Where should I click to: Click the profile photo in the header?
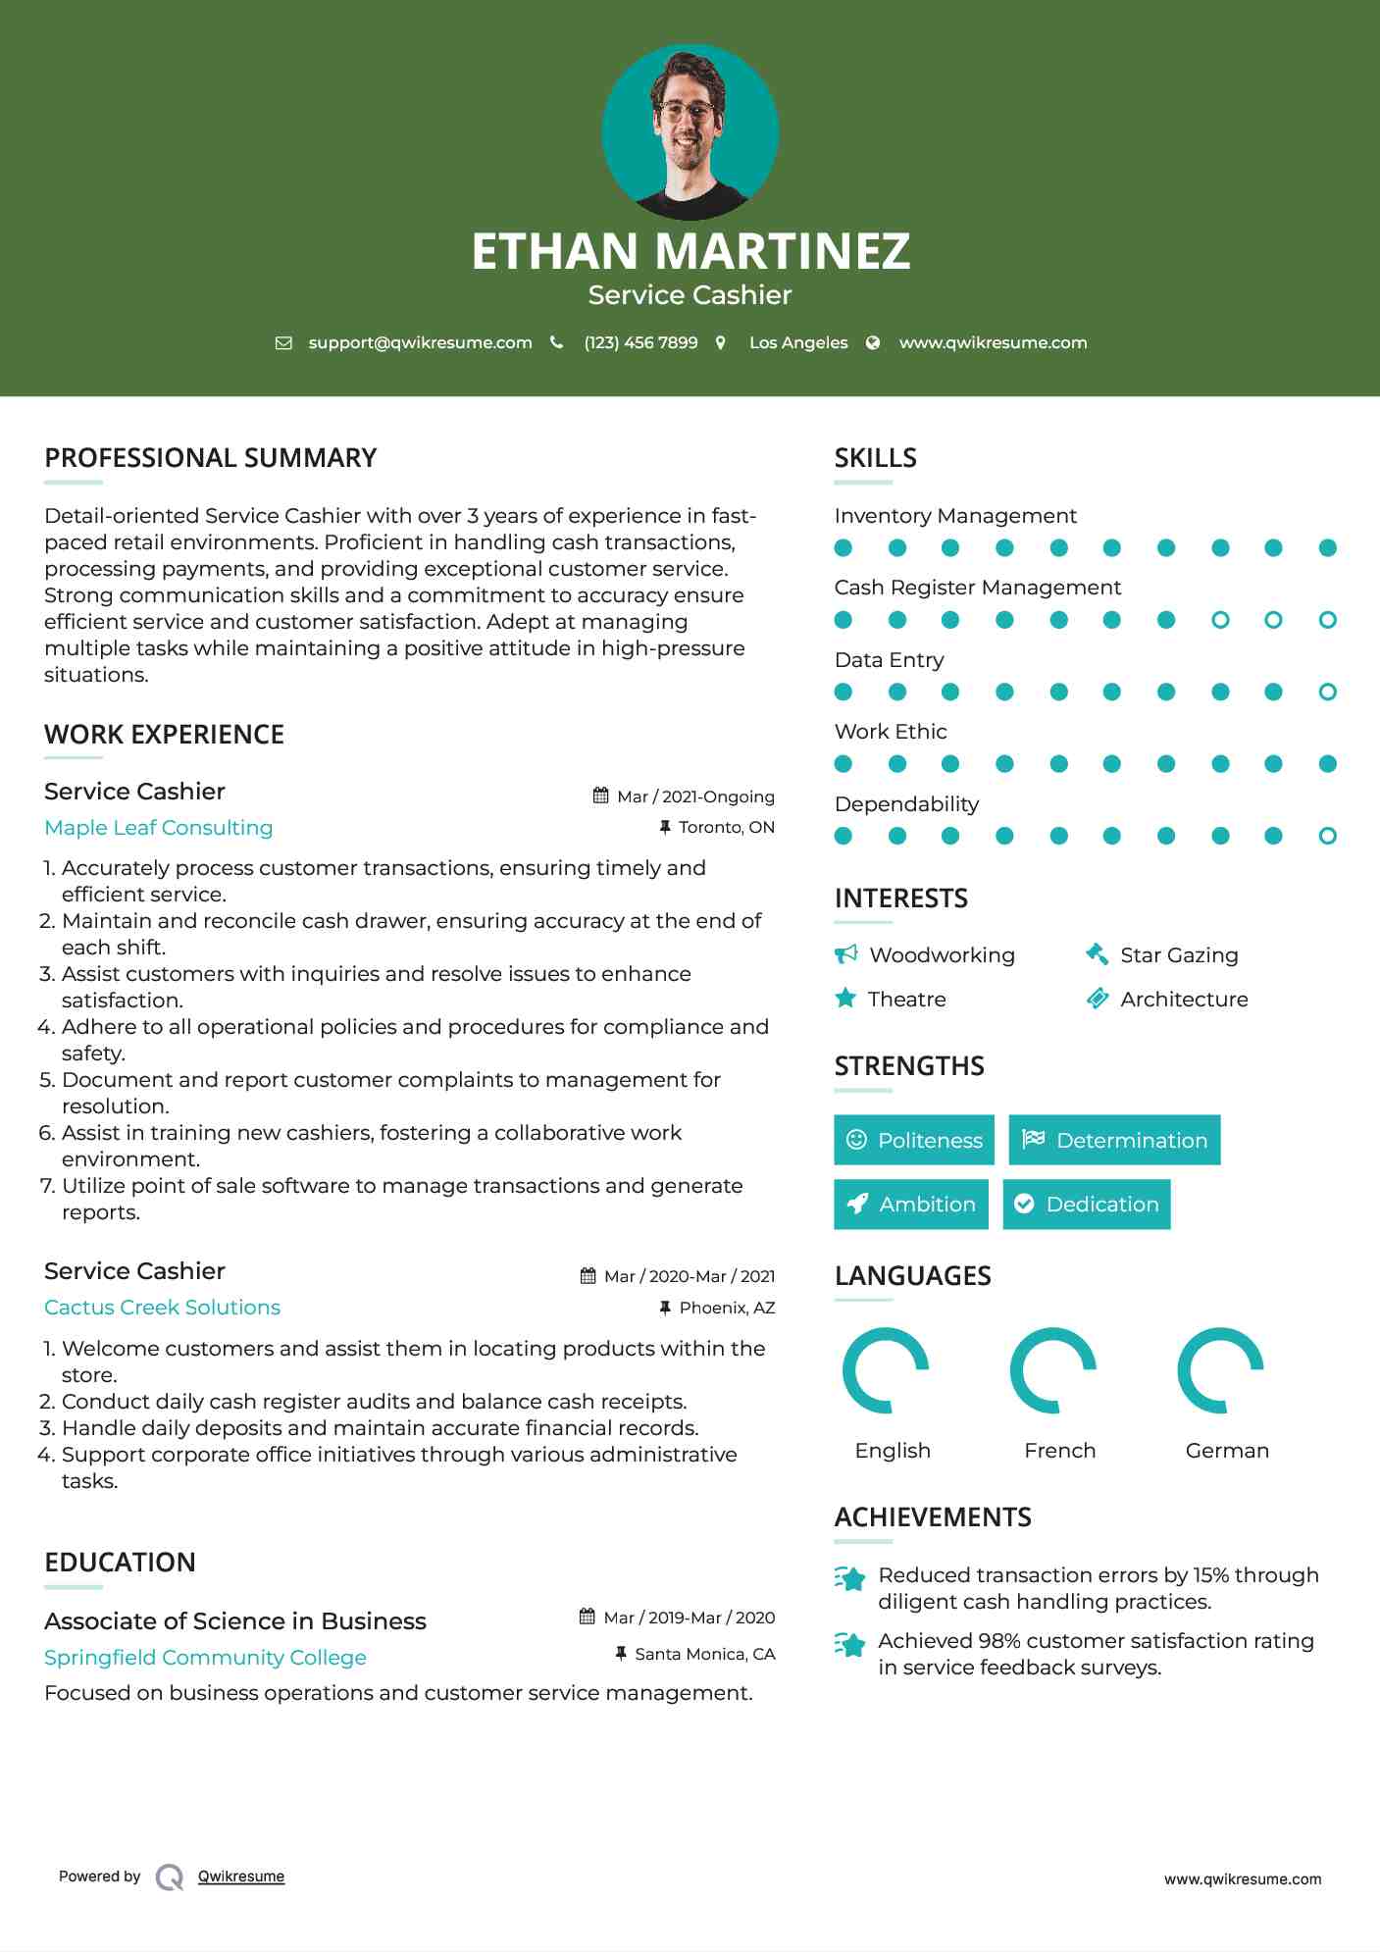click(690, 131)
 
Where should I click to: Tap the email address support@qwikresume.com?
click(420, 342)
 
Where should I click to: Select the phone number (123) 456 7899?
click(640, 342)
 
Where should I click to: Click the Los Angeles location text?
click(798, 342)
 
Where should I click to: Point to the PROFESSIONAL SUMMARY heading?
click(211, 458)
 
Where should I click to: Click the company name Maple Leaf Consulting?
click(159, 828)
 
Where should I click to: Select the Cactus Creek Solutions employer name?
click(163, 1308)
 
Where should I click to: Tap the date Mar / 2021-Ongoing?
click(695, 796)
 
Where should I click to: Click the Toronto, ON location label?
click(726, 827)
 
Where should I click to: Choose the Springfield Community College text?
click(205, 1658)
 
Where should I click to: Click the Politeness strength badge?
click(914, 1140)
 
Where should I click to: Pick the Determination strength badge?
click(1114, 1140)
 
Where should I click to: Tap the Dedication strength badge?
click(1087, 1204)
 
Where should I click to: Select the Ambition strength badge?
click(911, 1204)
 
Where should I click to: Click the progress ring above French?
click(1053, 1370)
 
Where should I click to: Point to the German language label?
click(1227, 1451)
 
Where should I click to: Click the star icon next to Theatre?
click(845, 999)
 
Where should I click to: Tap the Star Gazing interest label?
click(1179, 955)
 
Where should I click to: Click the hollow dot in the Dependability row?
click(1328, 836)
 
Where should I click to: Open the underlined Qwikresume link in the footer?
click(241, 1876)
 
